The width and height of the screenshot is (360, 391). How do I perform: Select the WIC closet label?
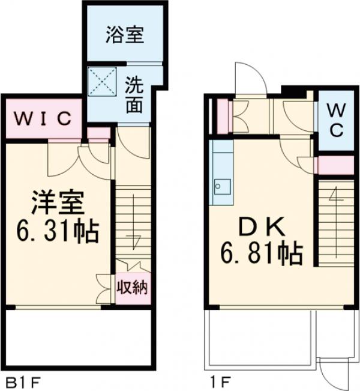click(x=43, y=117)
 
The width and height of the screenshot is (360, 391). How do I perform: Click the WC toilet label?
click(x=335, y=120)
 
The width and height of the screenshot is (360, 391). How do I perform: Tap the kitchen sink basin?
click(x=220, y=187)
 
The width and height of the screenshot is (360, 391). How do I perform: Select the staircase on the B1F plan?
click(x=131, y=222)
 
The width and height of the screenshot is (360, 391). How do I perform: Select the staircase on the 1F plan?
click(x=336, y=222)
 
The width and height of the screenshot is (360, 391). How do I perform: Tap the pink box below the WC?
click(x=335, y=165)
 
